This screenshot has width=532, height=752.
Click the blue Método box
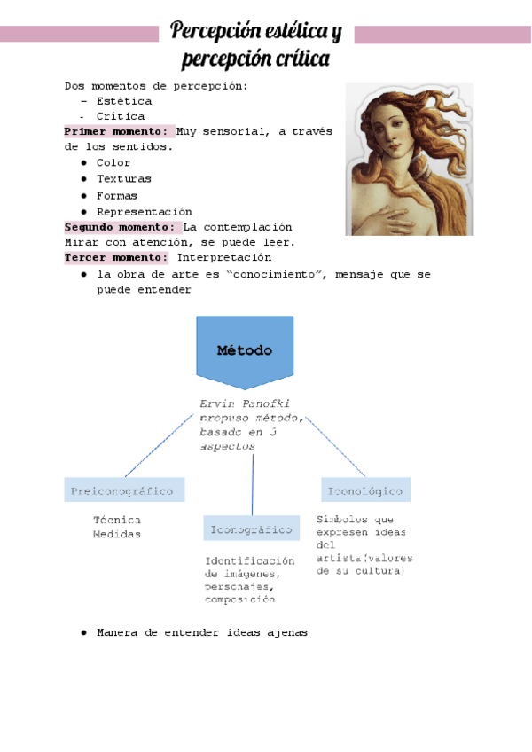point(244,350)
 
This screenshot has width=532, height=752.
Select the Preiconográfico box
point(124,490)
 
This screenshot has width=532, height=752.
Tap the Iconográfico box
point(251,529)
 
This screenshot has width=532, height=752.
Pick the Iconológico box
point(365,490)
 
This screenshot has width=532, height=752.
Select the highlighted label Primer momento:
point(119,131)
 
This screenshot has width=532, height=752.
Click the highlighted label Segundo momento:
point(122,227)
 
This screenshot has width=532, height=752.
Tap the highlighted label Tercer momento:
point(116,258)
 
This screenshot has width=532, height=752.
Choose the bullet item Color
point(113,163)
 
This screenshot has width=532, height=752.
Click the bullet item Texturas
point(124,179)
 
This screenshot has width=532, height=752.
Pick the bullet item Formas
point(117,195)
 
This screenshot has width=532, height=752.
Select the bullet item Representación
point(144,212)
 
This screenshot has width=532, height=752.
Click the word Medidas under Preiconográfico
point(117,534)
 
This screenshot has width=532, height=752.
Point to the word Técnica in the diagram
point(117,520)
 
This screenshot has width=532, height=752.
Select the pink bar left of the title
point(80,35)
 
